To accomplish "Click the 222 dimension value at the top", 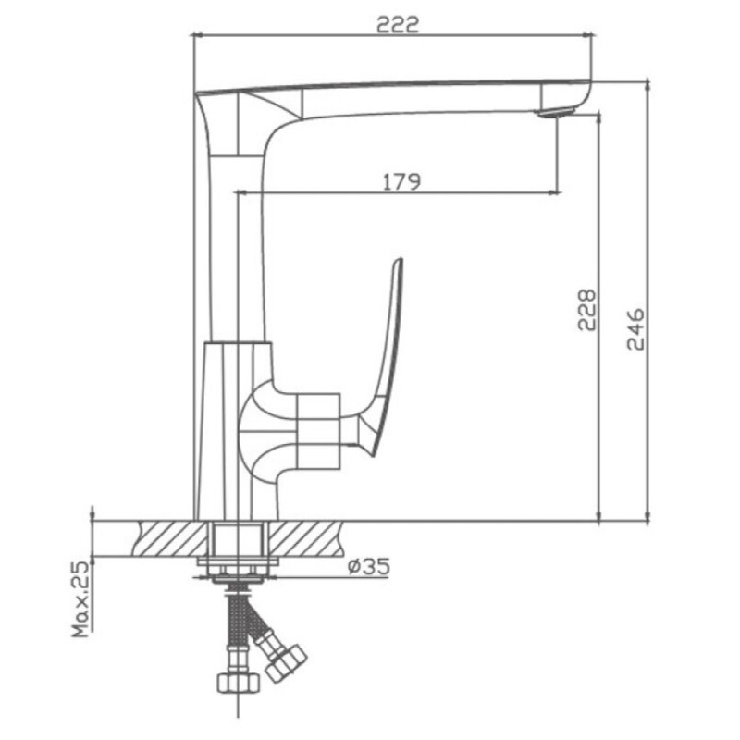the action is point(398,25).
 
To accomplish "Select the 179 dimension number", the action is point(401,181).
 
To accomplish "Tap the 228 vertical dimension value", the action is point(587,310).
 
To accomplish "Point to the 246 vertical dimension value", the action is point(635,329).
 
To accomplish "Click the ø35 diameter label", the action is point(369,566).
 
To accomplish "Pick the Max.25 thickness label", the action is point(80,598).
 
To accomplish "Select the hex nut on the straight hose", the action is point(239,682).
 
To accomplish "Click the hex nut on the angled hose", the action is point(286,662).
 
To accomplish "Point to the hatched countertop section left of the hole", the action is point(171,538).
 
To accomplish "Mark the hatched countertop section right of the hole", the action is point(305,538).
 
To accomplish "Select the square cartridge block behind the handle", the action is point(319,431).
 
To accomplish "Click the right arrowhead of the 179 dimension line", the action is point(556,192).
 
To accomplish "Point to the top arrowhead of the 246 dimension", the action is point(648,87).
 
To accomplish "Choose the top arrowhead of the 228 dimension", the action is point(598,119).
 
